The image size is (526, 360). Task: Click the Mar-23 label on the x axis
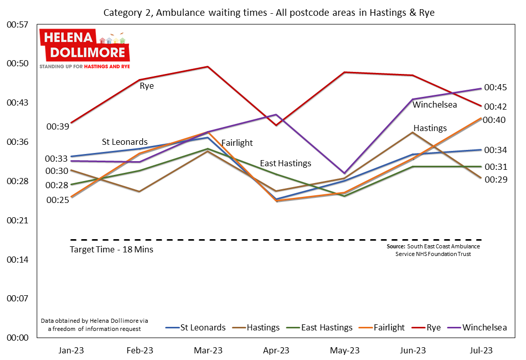[208, 350]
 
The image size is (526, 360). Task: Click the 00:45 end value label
[495, 88]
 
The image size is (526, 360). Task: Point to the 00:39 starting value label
[57, 126]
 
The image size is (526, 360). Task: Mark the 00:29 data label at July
[495, 179]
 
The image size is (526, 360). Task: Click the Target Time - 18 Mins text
[112, 250]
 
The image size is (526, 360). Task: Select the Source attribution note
[433, 250]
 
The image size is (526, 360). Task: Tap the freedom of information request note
[94, 325]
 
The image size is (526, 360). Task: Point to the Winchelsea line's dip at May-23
[345, 173]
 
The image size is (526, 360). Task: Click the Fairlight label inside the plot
[237, 143]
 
